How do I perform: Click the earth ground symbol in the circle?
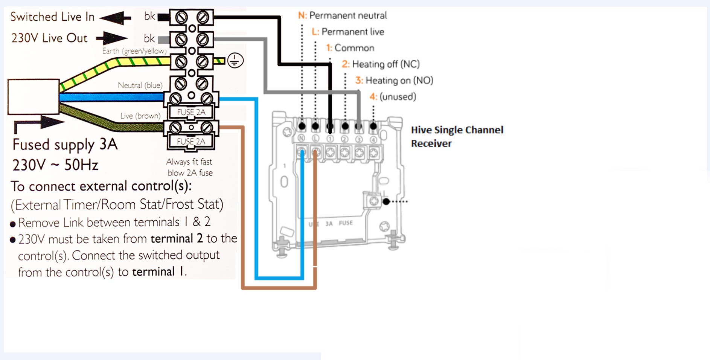point(235,61)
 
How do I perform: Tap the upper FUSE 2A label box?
point(191,112)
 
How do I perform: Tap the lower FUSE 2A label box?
point(191,142)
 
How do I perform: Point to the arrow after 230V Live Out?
point(112,38)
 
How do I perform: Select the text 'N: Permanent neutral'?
point(342,15)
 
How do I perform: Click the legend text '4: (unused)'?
point(393,97)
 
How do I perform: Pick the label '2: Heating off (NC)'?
point(381,64)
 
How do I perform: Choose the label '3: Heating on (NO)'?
point(394,81)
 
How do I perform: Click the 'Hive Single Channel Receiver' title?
point(457,137)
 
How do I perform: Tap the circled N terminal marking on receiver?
point(301,139)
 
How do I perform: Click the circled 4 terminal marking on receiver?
point(373,139)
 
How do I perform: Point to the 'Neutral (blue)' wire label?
point(140,85)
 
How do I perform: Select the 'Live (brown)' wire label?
point(140,116)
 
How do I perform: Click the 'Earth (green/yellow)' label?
point(134,51)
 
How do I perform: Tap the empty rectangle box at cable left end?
point(34,97)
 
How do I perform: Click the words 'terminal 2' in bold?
point(177,239)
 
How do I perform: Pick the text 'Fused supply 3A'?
point(65,145)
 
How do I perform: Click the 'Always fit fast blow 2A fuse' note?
point(190,167)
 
